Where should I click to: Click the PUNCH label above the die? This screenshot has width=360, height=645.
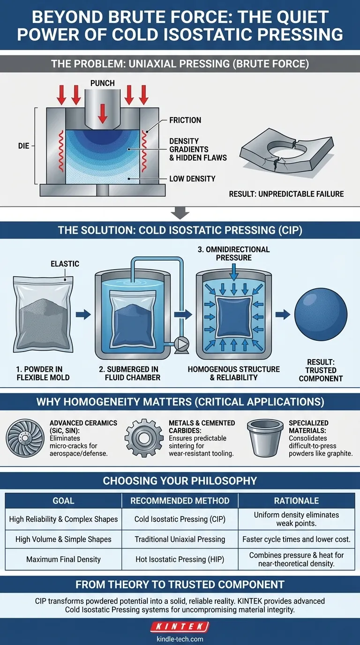(x=103, y=83)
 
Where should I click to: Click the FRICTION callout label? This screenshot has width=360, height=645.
(x=185, y=120)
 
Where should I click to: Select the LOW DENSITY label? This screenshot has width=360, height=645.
(x=192, y=179)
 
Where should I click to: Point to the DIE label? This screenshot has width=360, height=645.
(x=23, y=146)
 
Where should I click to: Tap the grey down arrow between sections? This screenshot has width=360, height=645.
(x=180, y=213)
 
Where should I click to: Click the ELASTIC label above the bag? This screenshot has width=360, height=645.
(x=65, y=264)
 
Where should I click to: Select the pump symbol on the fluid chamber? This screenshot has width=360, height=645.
(x=182, y=345)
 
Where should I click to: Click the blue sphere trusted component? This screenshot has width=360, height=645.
(x=321, y=315)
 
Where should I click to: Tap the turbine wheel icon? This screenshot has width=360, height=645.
(x=25, y=438)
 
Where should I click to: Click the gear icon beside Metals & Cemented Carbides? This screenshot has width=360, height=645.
(x=144, y=438)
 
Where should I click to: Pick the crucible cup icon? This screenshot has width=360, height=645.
(x=265, y=438)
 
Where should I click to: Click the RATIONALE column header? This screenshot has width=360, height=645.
(x=296, y=501)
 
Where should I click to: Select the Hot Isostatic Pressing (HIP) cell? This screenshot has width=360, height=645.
(x=180, y=559)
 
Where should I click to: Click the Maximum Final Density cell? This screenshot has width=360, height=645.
(x=63, y=559)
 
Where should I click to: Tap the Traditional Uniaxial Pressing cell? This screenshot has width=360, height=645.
(x=180, y=539)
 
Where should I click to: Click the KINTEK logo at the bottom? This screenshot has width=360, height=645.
(x=180, y=626)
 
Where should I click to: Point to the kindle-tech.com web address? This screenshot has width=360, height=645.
(x=180, y=639)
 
